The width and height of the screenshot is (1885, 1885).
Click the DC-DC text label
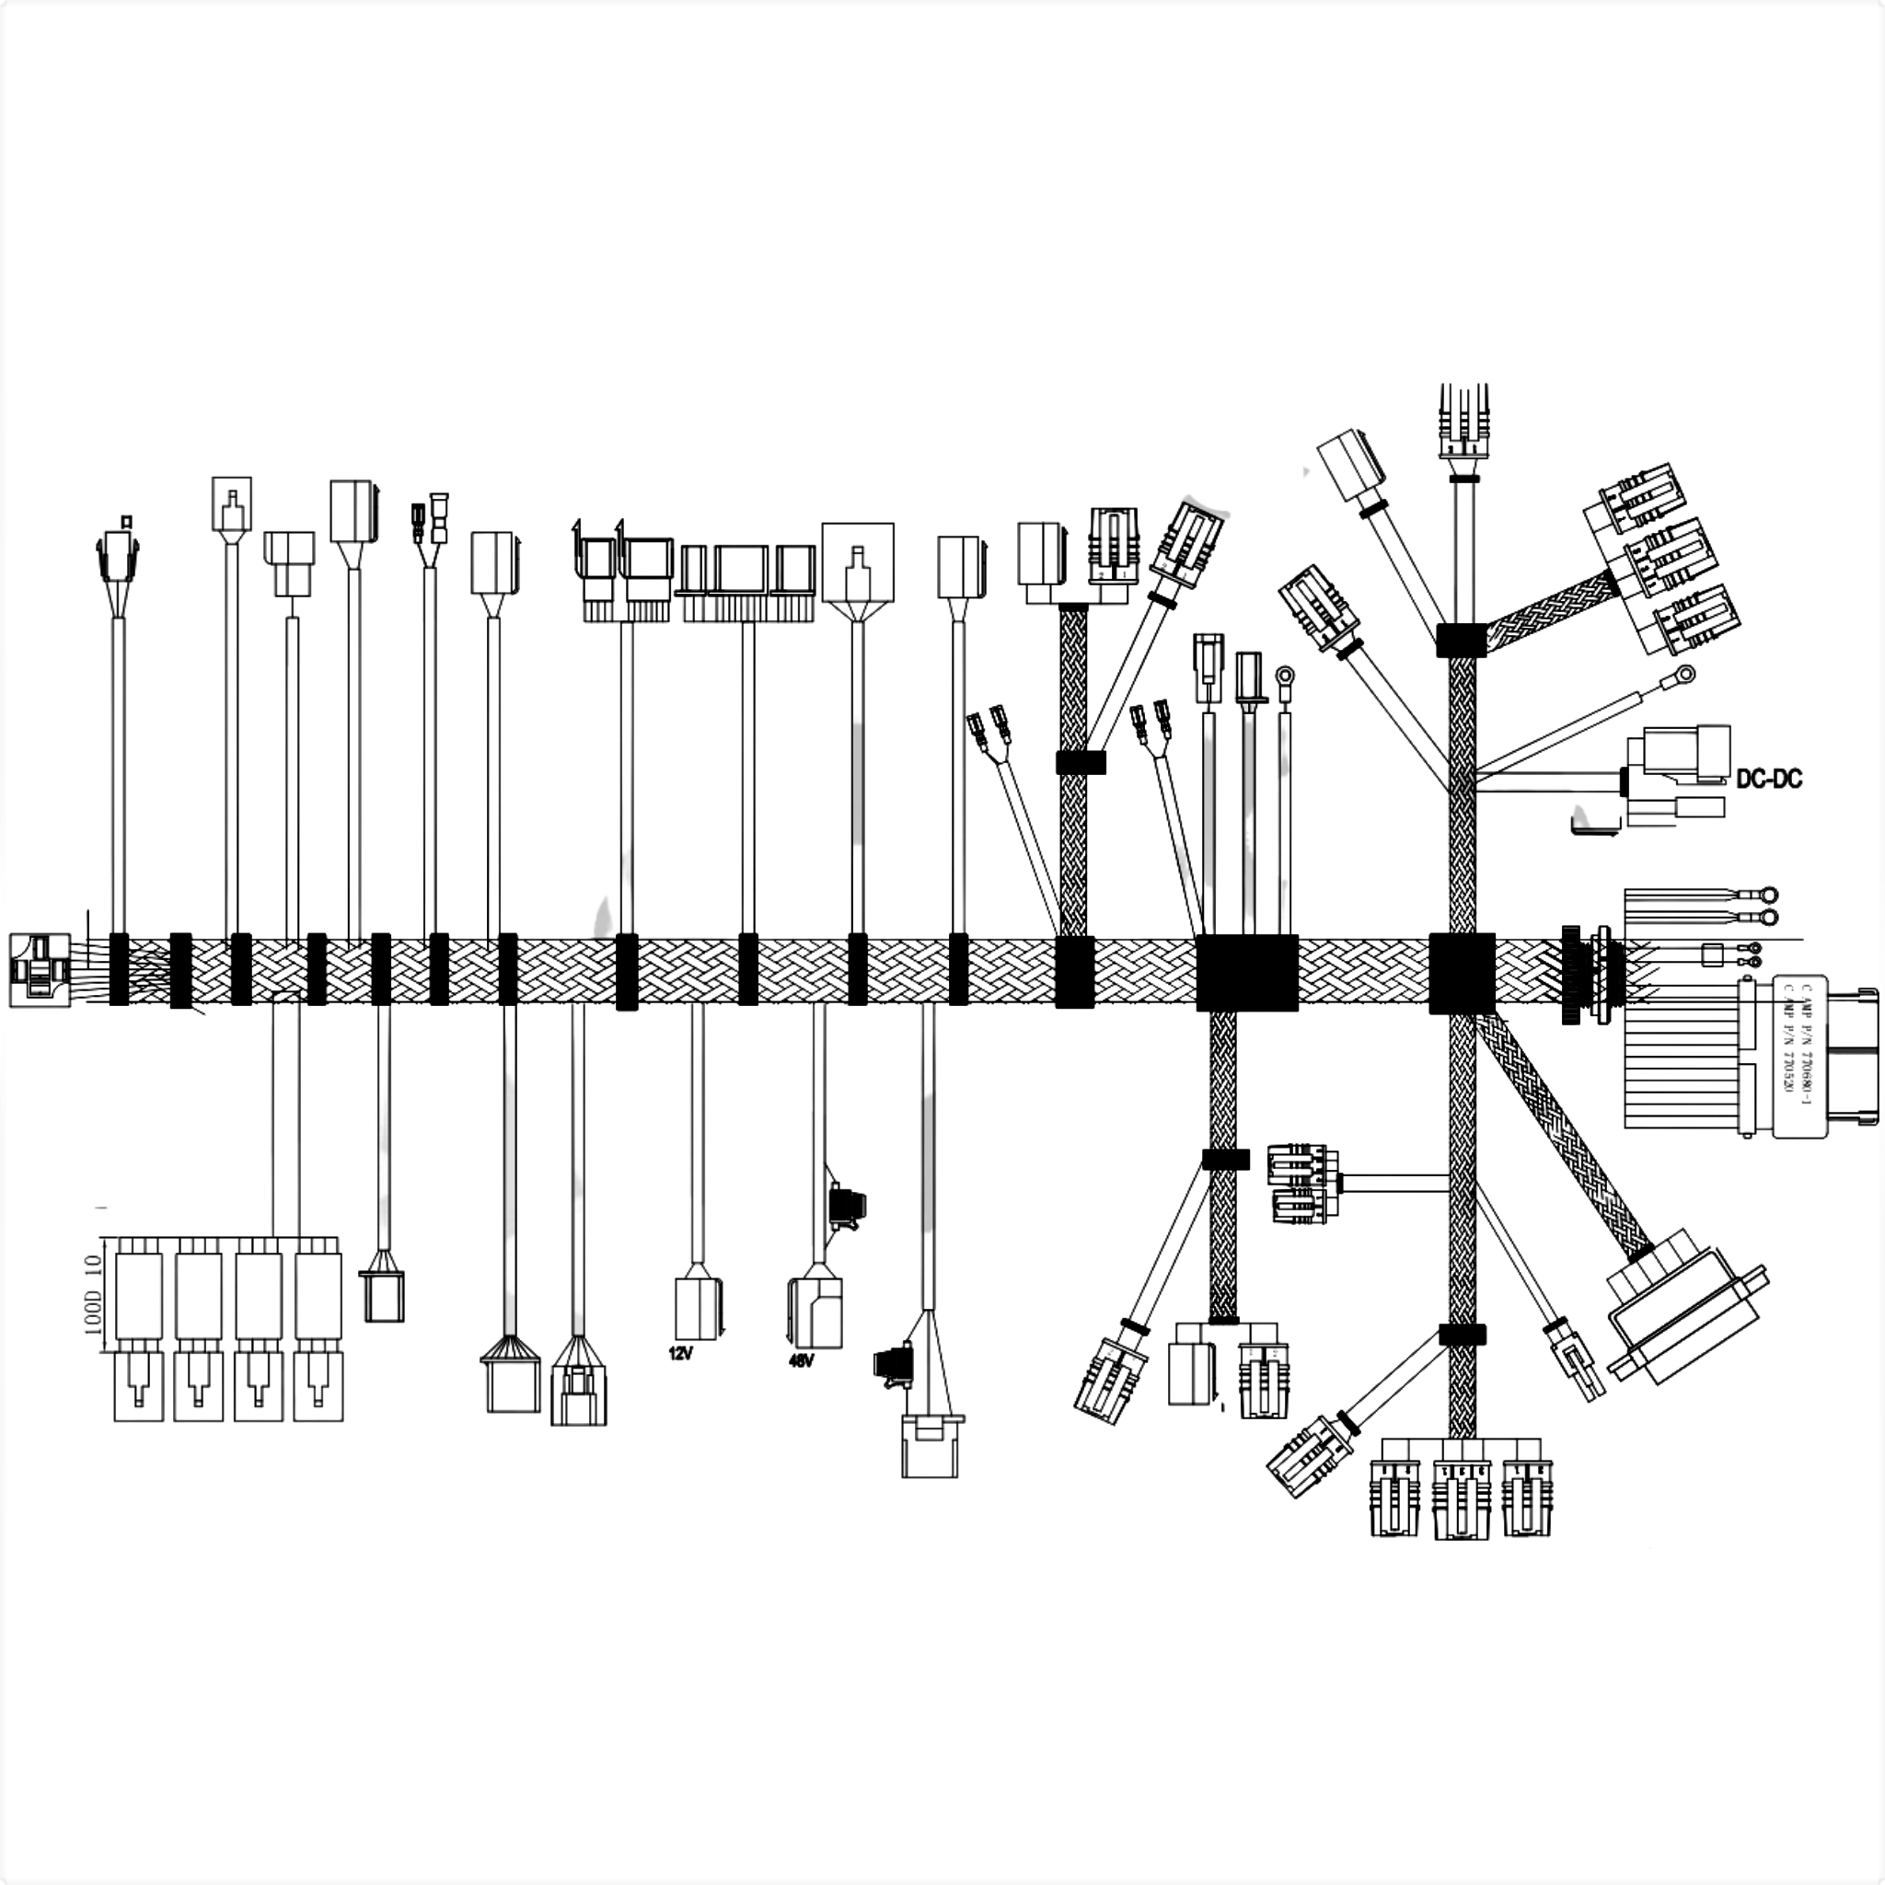(x=1768, y=779)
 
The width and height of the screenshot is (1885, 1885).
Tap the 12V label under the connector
(x=680, y=1353)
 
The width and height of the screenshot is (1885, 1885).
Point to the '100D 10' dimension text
(x=94, y=1295)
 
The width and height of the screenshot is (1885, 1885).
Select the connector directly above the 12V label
(x=699, y=1307)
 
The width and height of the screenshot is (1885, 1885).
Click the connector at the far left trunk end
(x=39, y=970)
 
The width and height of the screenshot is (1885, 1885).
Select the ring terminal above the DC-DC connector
(x=1684, y=674)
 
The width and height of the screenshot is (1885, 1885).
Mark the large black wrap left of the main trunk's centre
(x=1246, y=972)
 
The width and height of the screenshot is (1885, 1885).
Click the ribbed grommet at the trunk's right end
(x=1571, y=974)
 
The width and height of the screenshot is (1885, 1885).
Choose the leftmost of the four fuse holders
(x=139, y=1334)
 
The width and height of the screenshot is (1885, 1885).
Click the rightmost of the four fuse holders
(x=318, y=1334)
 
